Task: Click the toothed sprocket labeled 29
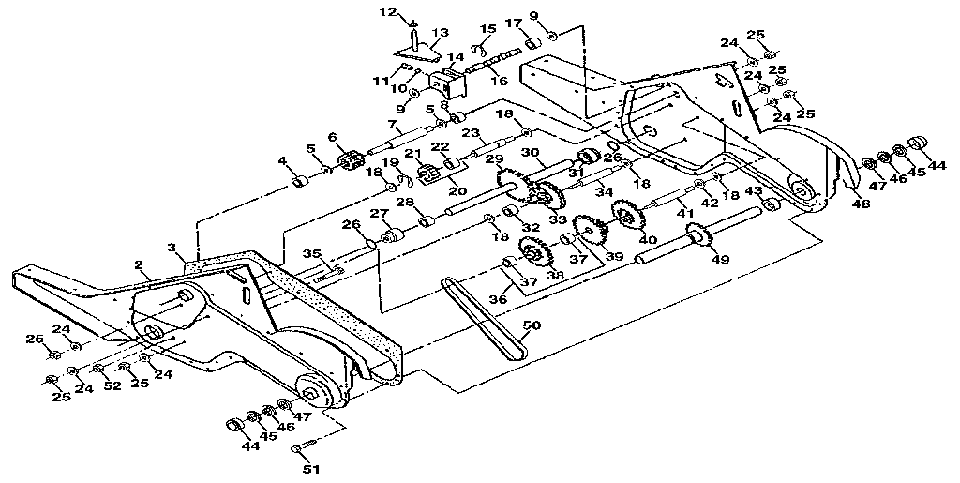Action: (512, 188)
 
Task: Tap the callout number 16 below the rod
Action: (498, 82)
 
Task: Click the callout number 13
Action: (441, 34)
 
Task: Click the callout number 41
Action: (685, 215)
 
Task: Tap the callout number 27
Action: (378, 214)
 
